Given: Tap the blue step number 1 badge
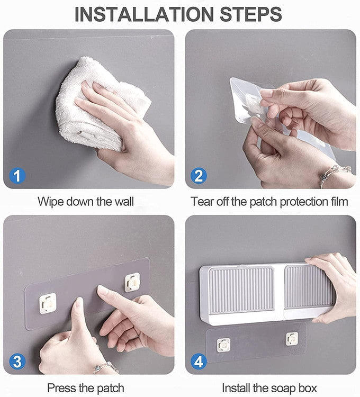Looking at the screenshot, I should [x=17, y=175].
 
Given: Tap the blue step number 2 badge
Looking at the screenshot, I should [x=199, y=175].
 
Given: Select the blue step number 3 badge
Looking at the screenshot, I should [x=17, y=362].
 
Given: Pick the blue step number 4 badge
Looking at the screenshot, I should [x=199, y=362].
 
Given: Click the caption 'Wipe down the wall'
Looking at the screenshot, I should [x=86, y=202].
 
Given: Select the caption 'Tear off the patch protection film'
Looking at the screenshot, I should [x=269, y=202].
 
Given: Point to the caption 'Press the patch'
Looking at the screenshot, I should [x=86, y=388].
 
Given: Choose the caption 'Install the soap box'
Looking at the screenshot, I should [x=269, y=388].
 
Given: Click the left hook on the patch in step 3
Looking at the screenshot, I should [x=48, y=303].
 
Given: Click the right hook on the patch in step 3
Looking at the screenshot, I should [x=132, y=282].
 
